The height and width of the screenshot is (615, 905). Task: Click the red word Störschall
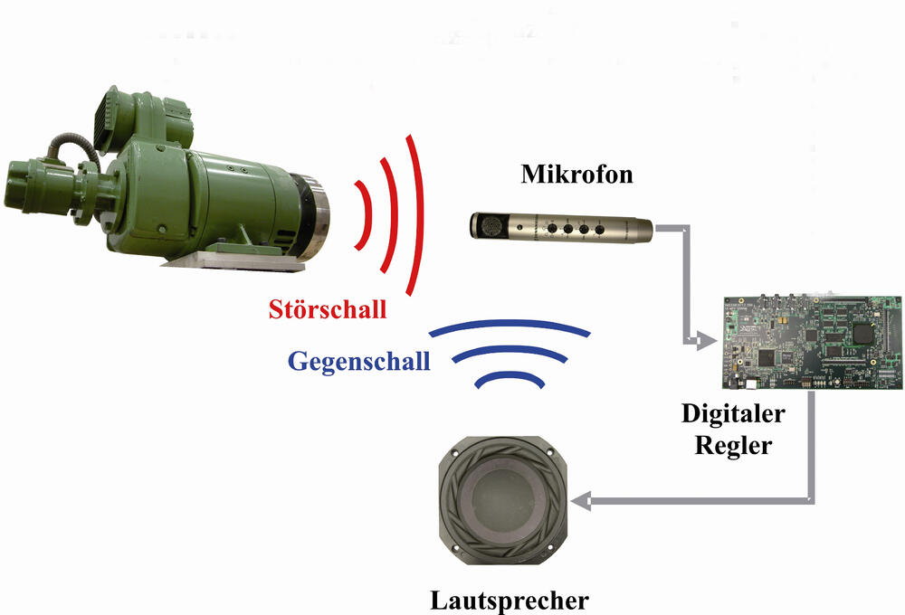328,309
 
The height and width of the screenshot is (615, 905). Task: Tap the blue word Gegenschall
359,362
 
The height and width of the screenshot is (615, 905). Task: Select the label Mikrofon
576,175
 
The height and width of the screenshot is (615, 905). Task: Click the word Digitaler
733,413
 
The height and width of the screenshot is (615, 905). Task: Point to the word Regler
733,445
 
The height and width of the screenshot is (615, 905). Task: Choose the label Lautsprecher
510,600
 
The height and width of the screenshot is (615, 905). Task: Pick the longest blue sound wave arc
510,324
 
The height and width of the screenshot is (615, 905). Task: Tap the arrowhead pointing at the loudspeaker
580,500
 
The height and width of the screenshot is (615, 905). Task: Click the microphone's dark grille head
490,225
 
